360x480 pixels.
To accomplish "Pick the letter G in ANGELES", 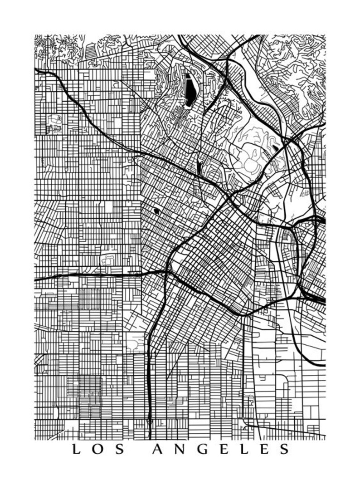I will pyautogui.click(x=202, y=450).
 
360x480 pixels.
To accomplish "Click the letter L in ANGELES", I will pyautogui.click(x=243, y=450).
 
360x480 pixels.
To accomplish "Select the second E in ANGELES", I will pyautogui.click(x=263, y=450).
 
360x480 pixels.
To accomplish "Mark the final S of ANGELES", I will pyautogui.click(x=284, y=450).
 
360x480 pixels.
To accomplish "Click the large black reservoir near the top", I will pyautogui.click(x=190, y=88).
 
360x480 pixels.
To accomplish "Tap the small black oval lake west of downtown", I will pyautogui.click(x=157, y=211).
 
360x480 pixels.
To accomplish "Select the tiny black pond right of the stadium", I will pyautogui.click(x=276, y=148).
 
